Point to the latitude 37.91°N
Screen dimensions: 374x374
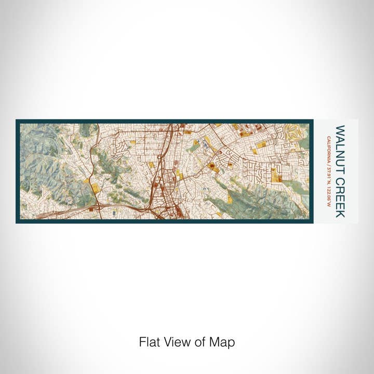point(328,174)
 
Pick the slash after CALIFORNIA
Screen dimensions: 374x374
point(328,164)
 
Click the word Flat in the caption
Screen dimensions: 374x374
point(148,342)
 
